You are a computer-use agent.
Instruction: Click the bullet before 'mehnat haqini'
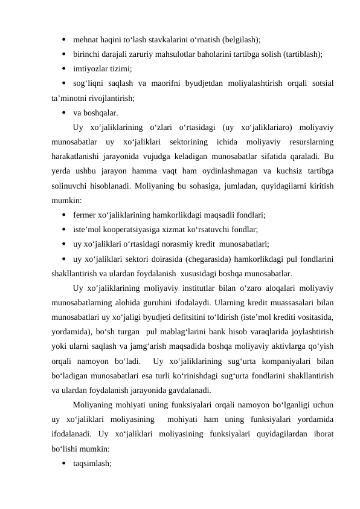click(63, 41)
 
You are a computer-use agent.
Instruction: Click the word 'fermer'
click(85, 215)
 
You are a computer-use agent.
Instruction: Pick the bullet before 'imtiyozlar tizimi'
click(63, 68)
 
